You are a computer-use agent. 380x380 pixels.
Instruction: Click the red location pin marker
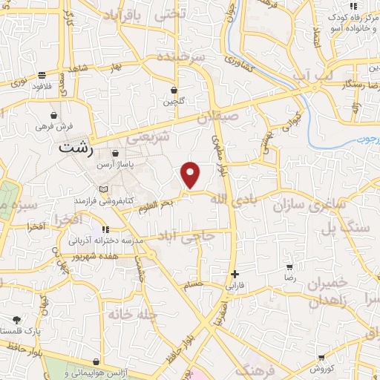click(191, 174)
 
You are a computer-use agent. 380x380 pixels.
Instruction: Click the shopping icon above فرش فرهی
click(54, 115)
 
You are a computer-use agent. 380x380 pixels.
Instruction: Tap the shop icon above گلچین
click(174, 91)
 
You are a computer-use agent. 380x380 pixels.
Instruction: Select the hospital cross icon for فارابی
click(235, 274)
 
